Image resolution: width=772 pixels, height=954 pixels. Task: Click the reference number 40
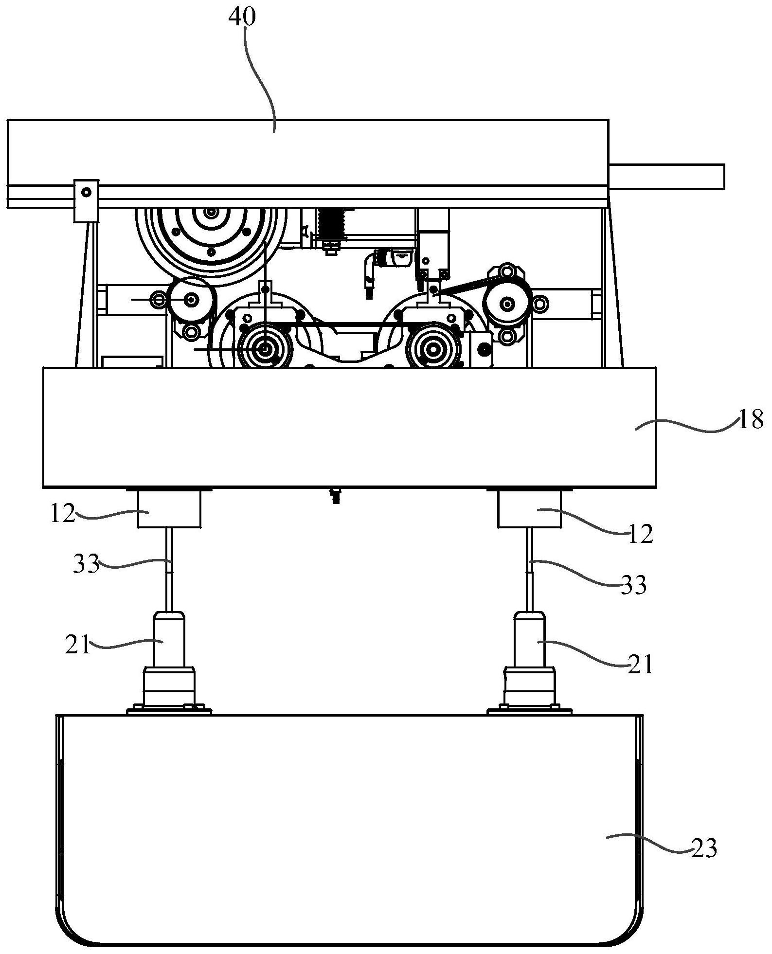(x=242, y=18)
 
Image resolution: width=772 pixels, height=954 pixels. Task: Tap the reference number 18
(x=751, y=420)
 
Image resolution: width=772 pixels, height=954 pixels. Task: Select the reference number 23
(x=704, y=849)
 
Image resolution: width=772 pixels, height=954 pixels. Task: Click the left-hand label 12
(x=63, y=514)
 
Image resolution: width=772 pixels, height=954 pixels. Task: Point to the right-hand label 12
(x=641, y=535)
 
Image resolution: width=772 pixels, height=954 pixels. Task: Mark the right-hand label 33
(x=633, y=585)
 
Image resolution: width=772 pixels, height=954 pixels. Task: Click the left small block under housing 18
(x=169, y=509)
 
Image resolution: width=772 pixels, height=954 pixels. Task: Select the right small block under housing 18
(x=529, y=509)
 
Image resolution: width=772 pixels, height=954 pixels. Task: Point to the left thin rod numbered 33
(x=169, y=569)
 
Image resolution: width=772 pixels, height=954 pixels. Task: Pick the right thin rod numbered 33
(x=530, y=569)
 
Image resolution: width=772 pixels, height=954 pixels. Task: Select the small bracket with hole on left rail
(x=86, y=201)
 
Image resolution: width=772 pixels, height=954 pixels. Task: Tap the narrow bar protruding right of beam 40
(x=666, y=176)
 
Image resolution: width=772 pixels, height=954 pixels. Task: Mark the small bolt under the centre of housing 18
(x=335, y=496)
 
